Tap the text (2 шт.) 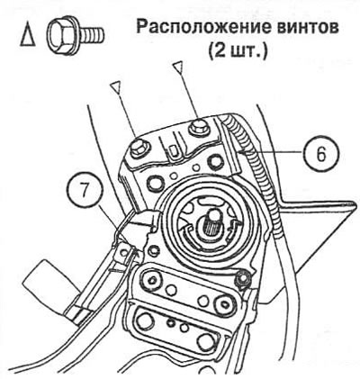coord(238,51)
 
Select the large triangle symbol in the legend coord(27,35)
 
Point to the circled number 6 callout coord(321,154)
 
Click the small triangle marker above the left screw coord(116,88)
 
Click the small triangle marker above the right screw coord(177,67)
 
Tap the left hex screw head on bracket coord(139,148)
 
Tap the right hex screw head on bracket coord(198,126)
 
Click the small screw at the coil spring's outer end coord(242,278)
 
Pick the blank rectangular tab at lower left coord(47,282)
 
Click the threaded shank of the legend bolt coord(93,34)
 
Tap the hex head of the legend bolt coord(62,35)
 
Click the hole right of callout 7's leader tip coord(155,249)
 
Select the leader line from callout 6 coord(272,154)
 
